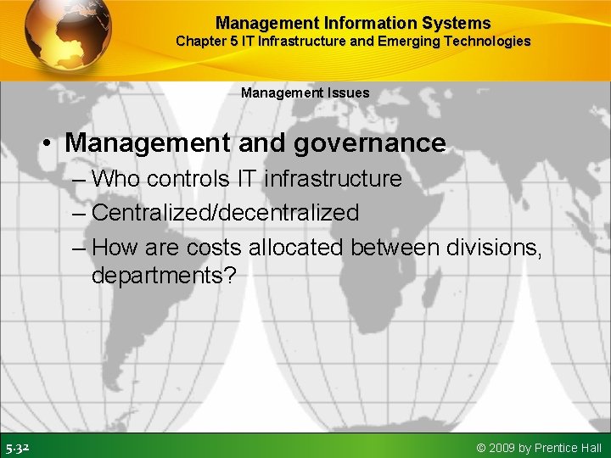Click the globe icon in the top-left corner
coord(67,36)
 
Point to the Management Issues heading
coord(305,92)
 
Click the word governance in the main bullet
coord(369,142)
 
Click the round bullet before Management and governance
coord(50,143)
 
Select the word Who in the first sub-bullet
coord(117,179)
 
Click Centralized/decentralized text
coord(225,213)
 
